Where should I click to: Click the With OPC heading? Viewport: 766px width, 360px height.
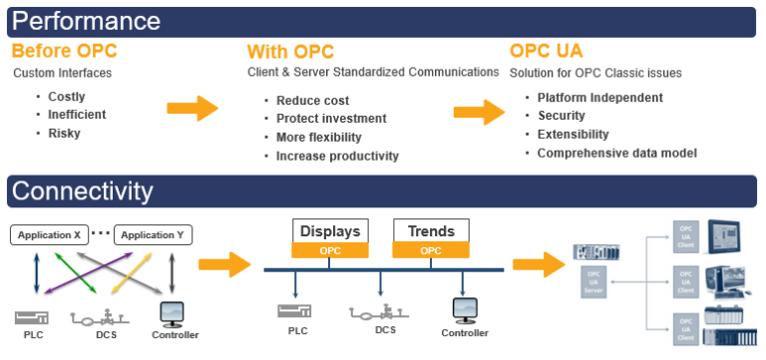pyautogui.click(x=289, y=51)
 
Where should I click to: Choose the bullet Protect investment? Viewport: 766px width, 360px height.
pyautogui.click(x=331, y=119)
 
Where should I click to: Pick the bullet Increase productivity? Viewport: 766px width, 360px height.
pyautogui.click(x=337, y=156)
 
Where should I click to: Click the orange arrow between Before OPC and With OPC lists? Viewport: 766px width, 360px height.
pyautogui.click(x=192, y=108)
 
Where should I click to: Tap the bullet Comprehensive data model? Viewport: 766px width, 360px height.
pyautogui.click(x=616, y=153)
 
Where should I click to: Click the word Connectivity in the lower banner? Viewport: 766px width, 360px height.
pyautogui.click(x=83, y=191)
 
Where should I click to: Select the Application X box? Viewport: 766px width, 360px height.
pyautogui.click(x=50, y=235)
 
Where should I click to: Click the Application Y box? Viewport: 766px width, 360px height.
pyautogui.click(x=154, y=235)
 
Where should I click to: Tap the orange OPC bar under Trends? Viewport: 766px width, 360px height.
pyautogui.click(x=431, y=251)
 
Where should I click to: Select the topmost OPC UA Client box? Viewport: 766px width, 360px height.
pyautogui.click(x=683, y=236)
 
